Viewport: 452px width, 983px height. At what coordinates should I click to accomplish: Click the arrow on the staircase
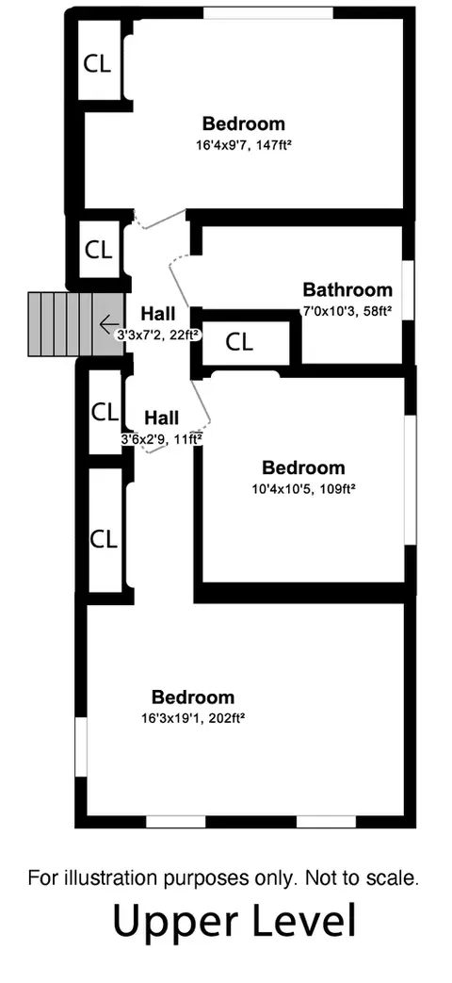[109, 325]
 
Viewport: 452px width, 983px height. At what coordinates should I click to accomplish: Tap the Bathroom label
[347, 289]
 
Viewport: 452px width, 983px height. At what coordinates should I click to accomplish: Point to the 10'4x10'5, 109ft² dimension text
[303, 488]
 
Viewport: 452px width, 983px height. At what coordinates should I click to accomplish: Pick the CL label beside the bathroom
[239, 342]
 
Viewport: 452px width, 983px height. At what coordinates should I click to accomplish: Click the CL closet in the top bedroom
[98, 63]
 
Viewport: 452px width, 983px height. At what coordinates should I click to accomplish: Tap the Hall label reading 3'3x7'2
[158, 313]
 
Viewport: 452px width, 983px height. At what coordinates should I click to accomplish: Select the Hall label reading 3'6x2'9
[162, 418]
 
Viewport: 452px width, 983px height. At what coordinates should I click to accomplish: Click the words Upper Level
[234, 922]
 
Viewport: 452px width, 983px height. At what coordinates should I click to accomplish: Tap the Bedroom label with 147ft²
[244, 123]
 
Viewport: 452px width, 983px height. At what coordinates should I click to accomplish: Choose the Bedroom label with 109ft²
[303, 467]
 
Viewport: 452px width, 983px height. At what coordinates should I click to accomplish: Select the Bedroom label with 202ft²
[193, 697]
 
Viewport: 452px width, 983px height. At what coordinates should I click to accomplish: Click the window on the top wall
[268, 12]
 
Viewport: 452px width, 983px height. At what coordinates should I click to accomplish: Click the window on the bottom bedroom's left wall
[81, 747]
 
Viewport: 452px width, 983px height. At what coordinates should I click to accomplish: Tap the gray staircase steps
[75, 324]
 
